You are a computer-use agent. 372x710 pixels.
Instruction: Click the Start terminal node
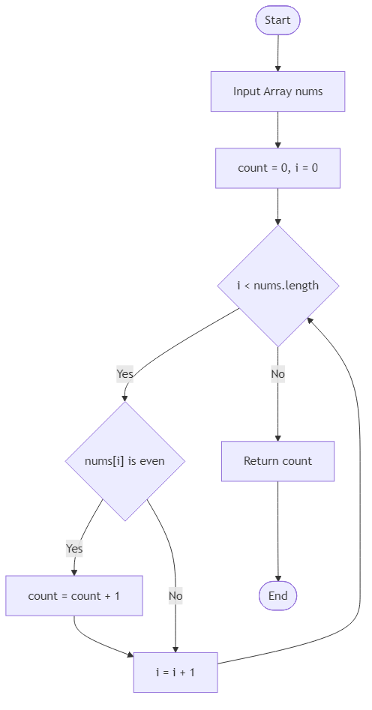click(277, 20)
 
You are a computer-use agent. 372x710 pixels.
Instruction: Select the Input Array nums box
click(277, 91)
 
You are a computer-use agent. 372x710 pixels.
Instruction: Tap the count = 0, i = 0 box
click(277, 168)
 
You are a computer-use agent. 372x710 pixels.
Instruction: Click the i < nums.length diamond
click(277, 286)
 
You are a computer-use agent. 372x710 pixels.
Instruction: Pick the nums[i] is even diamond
click(125, 461)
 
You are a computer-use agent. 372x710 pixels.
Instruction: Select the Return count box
click(277, 461)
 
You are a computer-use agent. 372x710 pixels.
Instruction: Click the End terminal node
click(277, 596)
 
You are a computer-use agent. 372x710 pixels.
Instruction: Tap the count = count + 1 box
click(74, 596)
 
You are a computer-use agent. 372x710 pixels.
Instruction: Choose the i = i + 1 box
click(175, 673)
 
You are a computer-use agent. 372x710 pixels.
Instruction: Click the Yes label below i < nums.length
click(124, 373)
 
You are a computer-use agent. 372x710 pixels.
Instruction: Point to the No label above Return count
click(277, 373)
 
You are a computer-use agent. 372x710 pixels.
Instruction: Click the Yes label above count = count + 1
click(74, 549)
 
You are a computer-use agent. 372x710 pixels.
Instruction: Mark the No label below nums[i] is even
click(175, 596)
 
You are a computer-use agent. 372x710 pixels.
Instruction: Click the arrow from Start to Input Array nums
click(277, 52)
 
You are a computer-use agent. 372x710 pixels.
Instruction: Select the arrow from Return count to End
click(277, 532)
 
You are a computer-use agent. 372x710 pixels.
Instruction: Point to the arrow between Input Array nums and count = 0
click(277, 130)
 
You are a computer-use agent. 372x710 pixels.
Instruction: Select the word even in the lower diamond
click(152, 461)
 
